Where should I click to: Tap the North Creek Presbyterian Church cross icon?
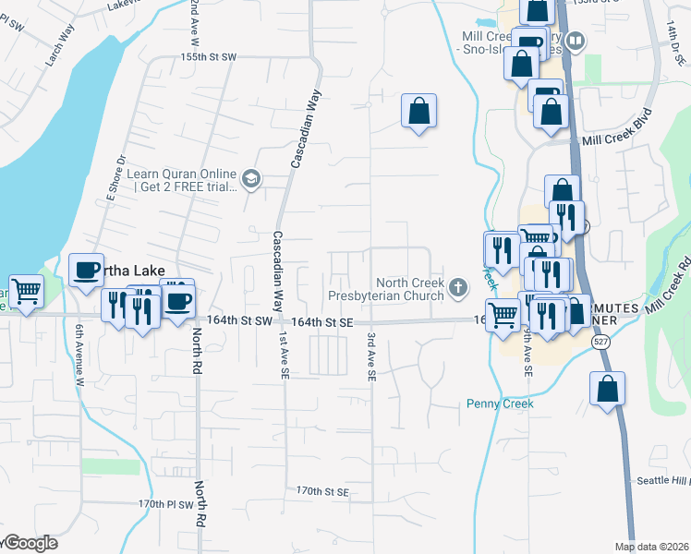pyautogui.click(x=457, y=289)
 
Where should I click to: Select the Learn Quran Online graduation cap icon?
pyautogui.click(x=250, y=177)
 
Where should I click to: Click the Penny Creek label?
pyautogui.click(x=500, y=403)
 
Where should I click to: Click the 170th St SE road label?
pyautogui.click(x=322, y=492)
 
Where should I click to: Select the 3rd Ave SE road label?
pyautogui.click(x=371, y=357)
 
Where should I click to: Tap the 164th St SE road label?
pyautogui.click(x=322, y=321)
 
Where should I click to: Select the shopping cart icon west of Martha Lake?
pyautogui.click(x=26, y=291)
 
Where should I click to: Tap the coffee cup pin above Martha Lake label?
pyautogui.click(x=87, y=270)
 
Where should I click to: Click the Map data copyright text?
pyautogui.click(x=650, y=547)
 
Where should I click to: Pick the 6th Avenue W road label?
pyautogui.click(x=80, y=354)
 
